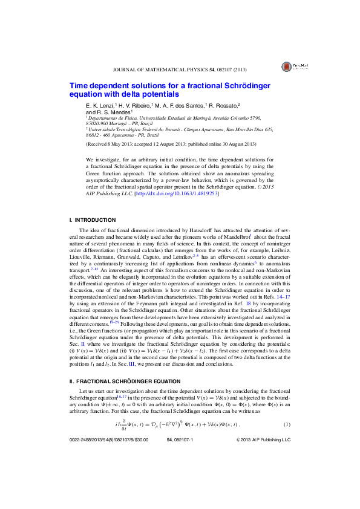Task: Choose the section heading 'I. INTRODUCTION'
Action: [x=90, y=219]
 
